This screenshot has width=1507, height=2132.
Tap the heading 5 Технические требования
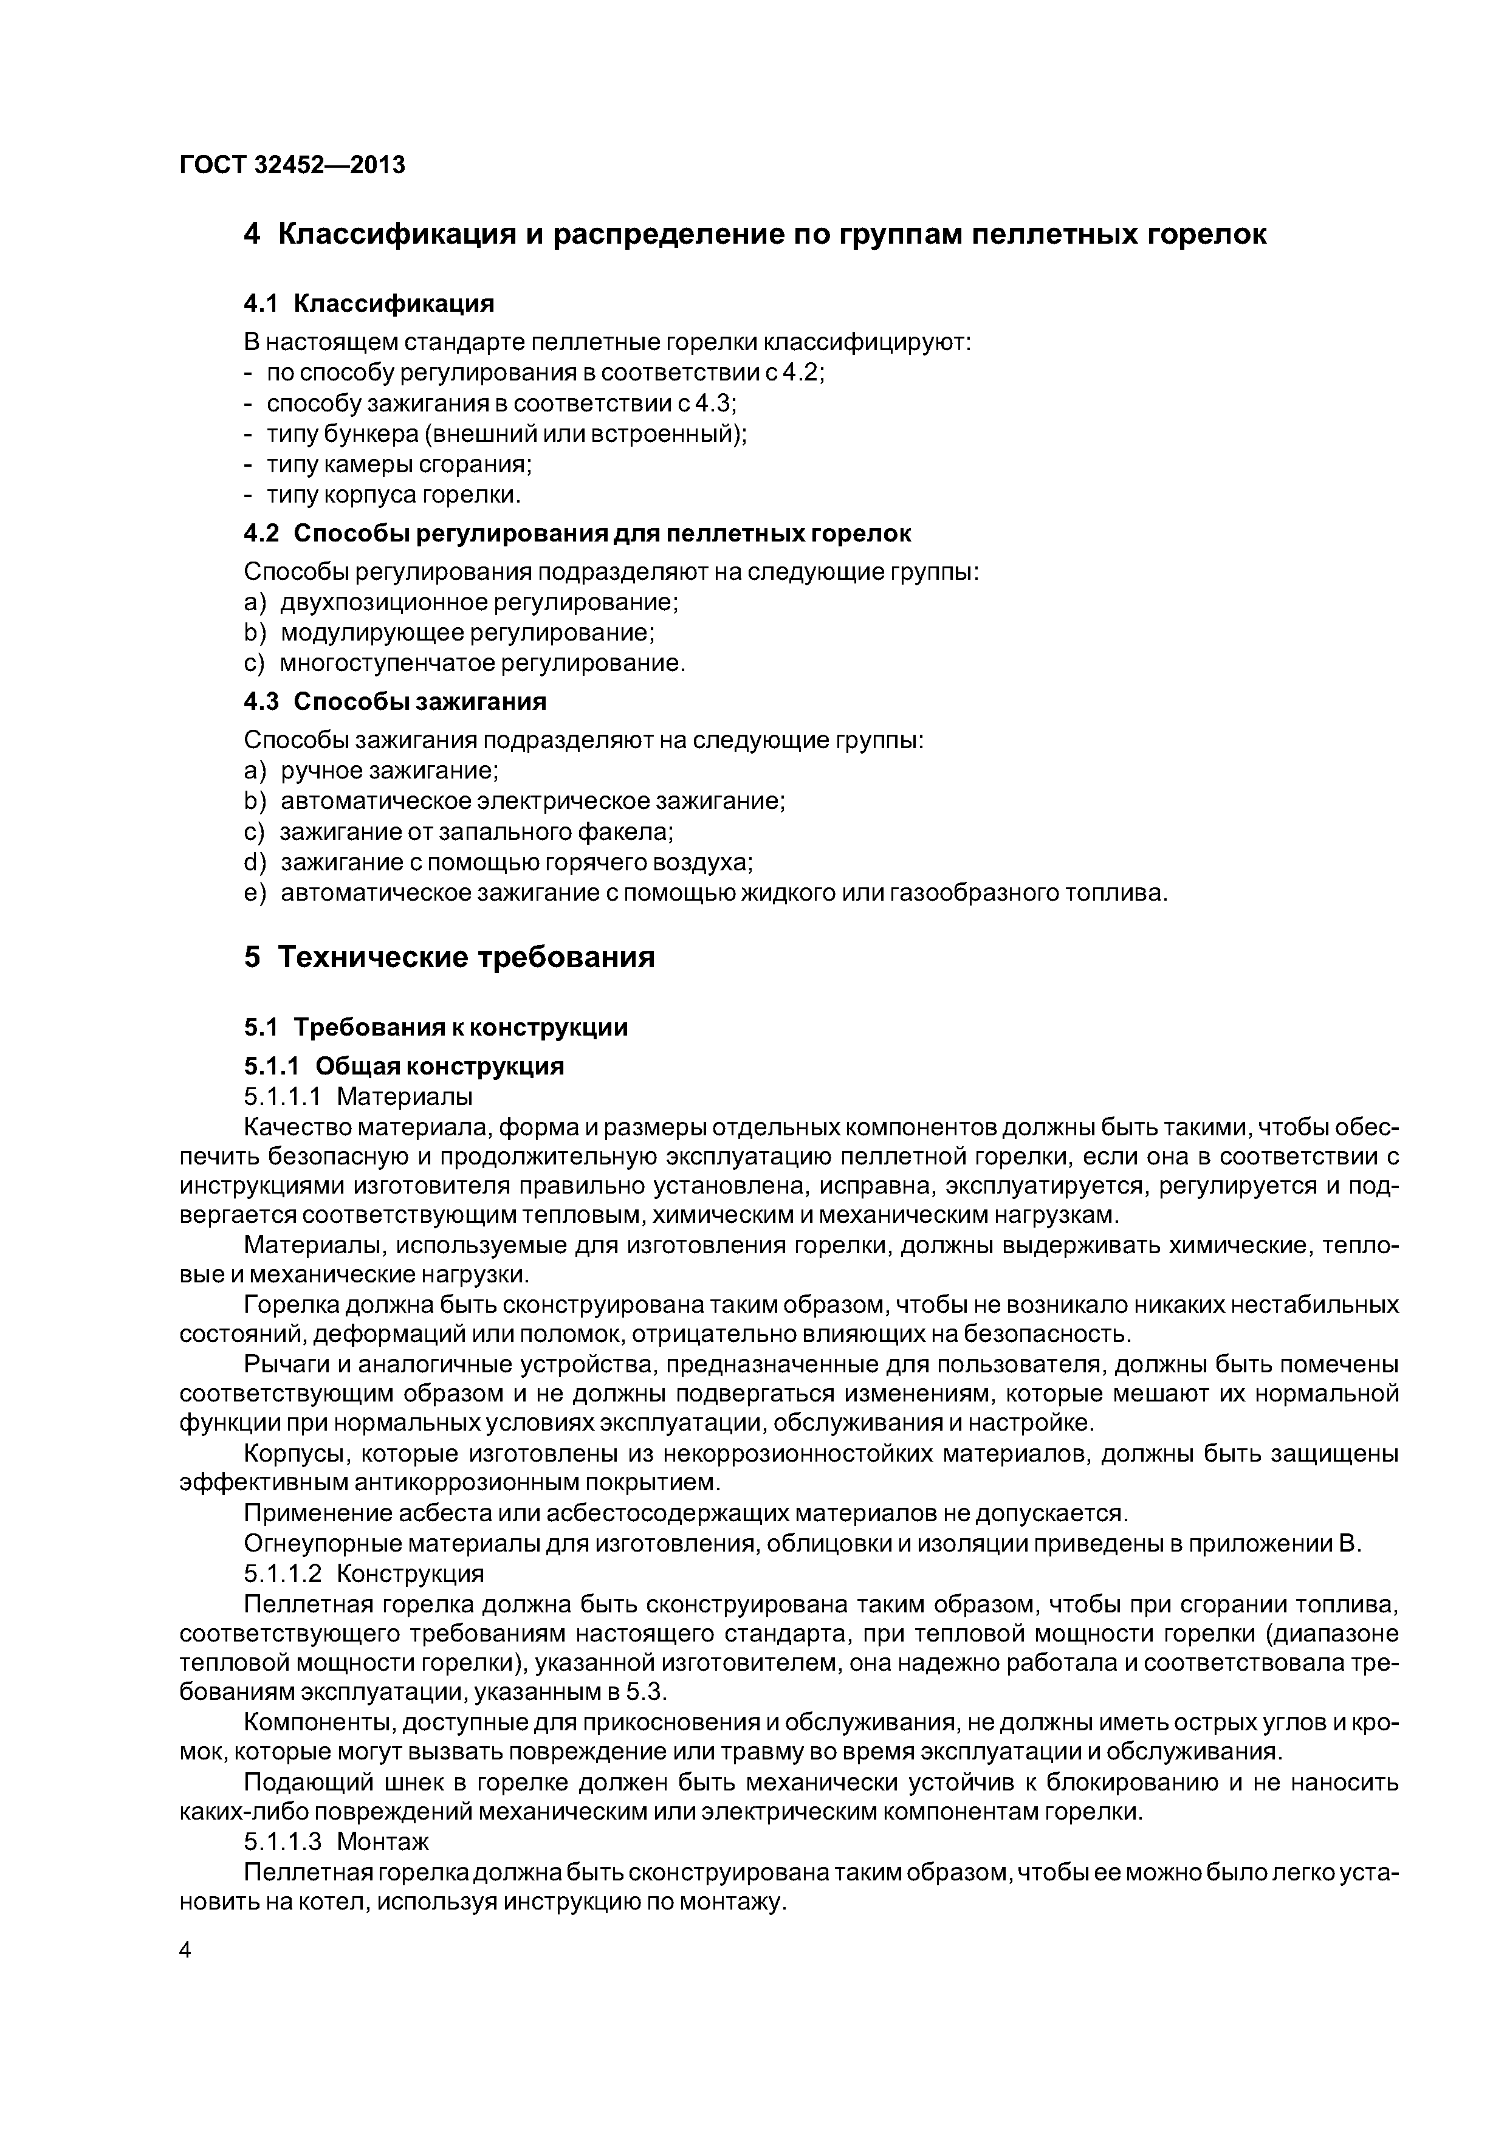[x=450, y=957]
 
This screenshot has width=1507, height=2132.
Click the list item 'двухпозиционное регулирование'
[x=478, y=603]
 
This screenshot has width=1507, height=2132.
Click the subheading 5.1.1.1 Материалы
[x=357, y=1096]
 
